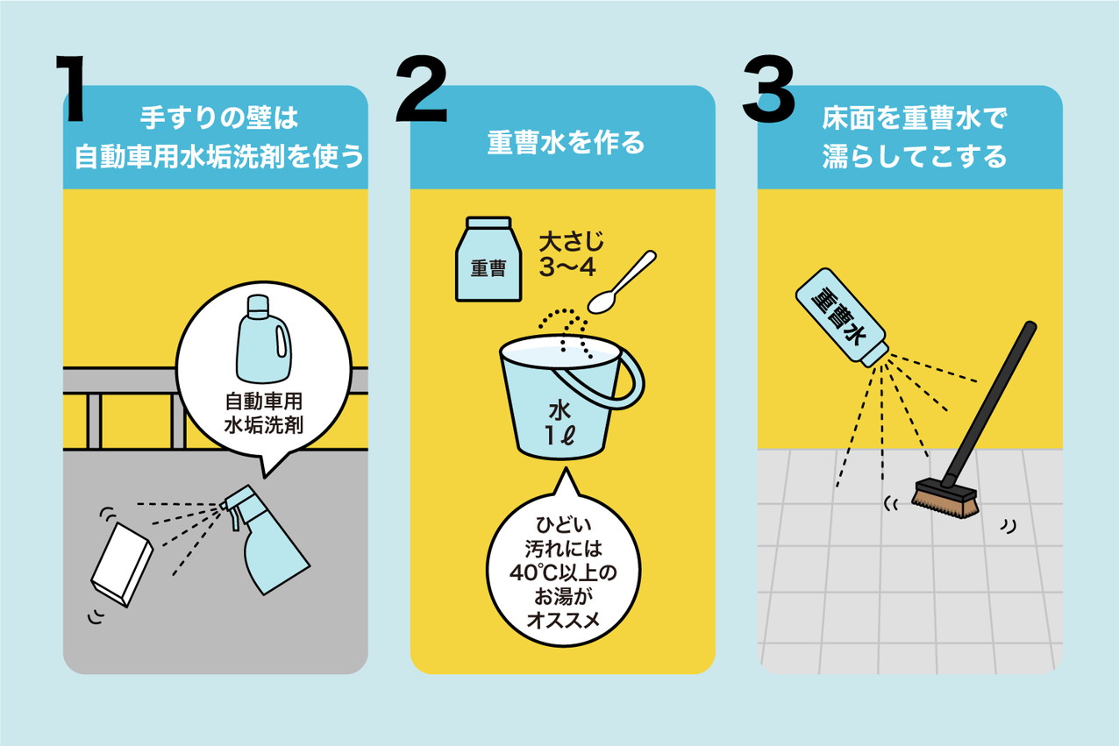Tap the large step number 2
click(x=421, y=89)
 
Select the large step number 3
click(x=768, y=89)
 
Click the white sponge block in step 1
click(x=121, y=565)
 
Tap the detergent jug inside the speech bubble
click(x=264, y=338)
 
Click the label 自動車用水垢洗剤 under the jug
click(x=264, y=414)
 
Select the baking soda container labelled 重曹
click(x=488, y=259)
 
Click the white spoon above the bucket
click(x=622, y=282)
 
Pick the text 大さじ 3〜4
click(x=571, y=254)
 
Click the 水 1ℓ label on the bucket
click(x=559, y=423)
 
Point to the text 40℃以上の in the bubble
click(x=563, y=572)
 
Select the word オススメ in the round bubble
click(x=563, y=620)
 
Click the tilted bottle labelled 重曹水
click(x=842, y=317)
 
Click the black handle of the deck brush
click(x=989, y=404)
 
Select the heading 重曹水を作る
click(x=566, y=142)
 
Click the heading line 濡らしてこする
click(x=914, y=156)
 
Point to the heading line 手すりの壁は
click(x=219, y=117)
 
